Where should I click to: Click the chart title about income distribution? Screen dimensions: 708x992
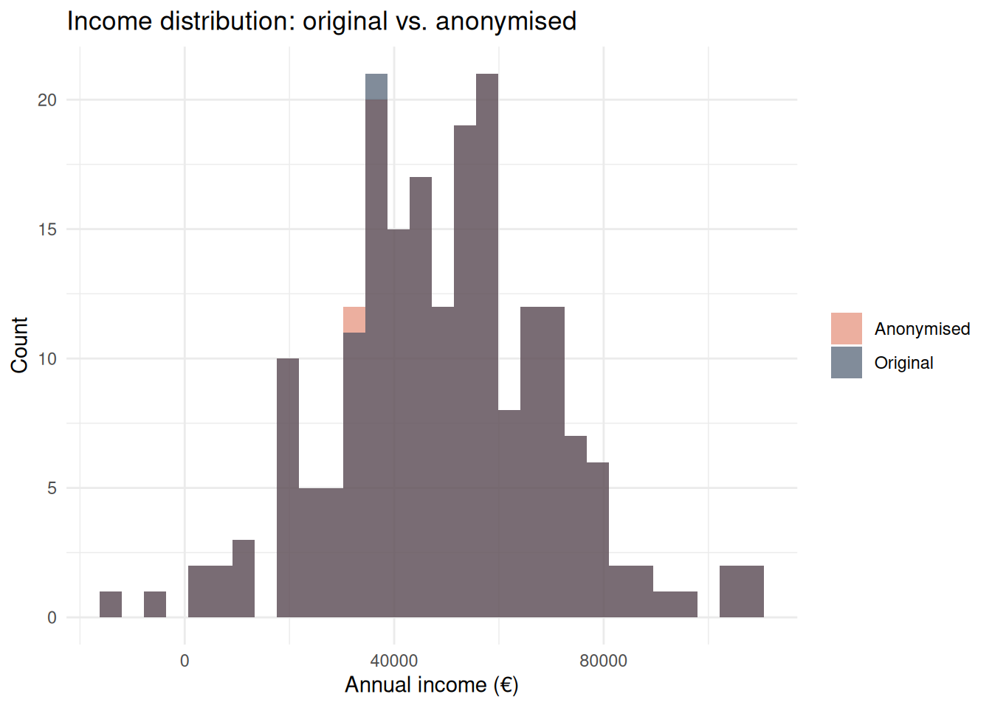click(x=321, y=21)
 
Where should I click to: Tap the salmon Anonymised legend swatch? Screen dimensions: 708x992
click(x=846, y=328)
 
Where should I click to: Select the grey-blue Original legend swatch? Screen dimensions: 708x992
click(x=846, y=362)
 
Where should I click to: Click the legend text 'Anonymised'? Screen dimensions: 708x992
click(x=922, y=329)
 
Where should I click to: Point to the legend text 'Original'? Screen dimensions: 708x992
click(x=903, y=363)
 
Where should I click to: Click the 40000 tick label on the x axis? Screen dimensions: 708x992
click(x=393, y=661)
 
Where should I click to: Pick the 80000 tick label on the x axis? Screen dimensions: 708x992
click(x=603, y=661)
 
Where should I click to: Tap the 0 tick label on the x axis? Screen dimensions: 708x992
click(x=185, y=661)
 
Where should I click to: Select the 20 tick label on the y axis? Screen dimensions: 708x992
click(x=47, y=100)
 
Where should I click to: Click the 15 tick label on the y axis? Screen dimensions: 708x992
click(x=47, y=229)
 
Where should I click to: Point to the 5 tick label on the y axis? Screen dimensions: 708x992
click(x=52, y=488)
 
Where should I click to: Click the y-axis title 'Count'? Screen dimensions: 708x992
click(x=19, y=345)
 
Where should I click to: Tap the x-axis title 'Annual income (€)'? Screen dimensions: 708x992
click(x=432, y=685)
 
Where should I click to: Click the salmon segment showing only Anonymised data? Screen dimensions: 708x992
click(x=354, y=319)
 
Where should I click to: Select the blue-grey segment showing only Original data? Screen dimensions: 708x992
click(x=376, y=86)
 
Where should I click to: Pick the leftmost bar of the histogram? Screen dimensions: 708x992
click(x=111, y=604)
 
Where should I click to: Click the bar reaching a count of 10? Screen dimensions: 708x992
click(x=288, y=487)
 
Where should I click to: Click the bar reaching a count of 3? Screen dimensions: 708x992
click(x=244, y=578)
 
